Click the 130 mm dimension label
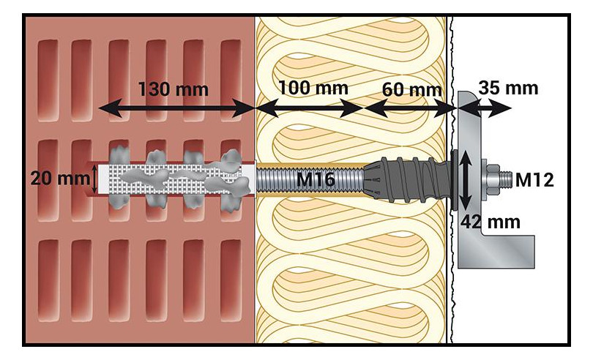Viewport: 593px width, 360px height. click(x=174, y=89)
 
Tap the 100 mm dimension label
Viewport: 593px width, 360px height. click(x=313, y=88)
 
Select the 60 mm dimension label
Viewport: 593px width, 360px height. click(x=412, y=90)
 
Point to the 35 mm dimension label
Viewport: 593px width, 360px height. click(x=508, y=88)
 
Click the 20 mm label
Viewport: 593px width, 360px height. click(x=60, y=179)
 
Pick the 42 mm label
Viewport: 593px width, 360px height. click(x=490, y=222)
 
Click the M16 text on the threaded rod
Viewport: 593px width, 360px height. click(x=316, y=179)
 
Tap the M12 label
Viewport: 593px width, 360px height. click(x=534, y=179)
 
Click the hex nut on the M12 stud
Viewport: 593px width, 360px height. click(x=493, y=179)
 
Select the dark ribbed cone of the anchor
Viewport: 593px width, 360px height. click(x=406, y=179)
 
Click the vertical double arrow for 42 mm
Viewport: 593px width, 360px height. click(x=466, y=179)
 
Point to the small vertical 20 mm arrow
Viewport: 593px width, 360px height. click(x=94, y=179)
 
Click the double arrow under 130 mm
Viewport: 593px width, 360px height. click(x=176, y=108)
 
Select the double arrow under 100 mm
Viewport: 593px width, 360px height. click(x=310, y=108)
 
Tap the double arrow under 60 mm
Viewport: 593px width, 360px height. click(x=410, y=108)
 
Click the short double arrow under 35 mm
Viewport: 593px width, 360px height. click(x=485, y=108)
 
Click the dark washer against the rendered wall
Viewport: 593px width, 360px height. click(x=454, y=179)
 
